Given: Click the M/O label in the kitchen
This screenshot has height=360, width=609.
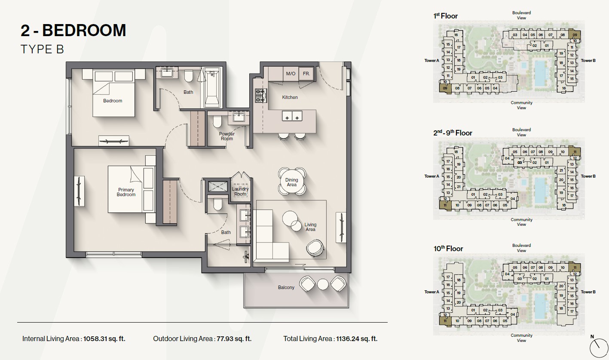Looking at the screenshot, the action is coord(291,74).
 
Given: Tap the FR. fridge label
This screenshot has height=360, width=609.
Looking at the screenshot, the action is coord(306,74).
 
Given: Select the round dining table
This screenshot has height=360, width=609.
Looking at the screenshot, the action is coord(292,182).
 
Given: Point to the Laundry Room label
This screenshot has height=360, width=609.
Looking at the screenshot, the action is coord(240,191).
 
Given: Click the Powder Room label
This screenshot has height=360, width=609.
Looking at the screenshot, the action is coord(227,136).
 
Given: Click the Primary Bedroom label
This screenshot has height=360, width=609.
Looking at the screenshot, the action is coord(126,192).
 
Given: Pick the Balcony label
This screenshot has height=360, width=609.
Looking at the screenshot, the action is coord(286,287).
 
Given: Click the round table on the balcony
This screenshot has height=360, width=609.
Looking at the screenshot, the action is coord(323,284).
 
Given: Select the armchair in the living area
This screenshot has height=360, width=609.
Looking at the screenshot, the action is coord(315,248).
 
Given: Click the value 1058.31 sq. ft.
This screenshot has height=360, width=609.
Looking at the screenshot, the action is coord(104,339).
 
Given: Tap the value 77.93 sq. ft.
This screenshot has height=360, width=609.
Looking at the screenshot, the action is coord(234,339).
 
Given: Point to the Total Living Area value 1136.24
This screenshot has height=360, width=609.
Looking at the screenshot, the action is coord(357,339).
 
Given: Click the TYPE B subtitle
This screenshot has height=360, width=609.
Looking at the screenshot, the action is coord(42,49).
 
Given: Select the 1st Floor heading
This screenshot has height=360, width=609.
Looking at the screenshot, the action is coord(445,16).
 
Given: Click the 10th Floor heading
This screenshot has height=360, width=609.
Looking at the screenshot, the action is coord(448,249).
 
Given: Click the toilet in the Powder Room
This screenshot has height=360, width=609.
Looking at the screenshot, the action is coord(217,122).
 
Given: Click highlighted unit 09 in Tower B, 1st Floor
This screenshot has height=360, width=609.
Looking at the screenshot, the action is coord(575,35).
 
